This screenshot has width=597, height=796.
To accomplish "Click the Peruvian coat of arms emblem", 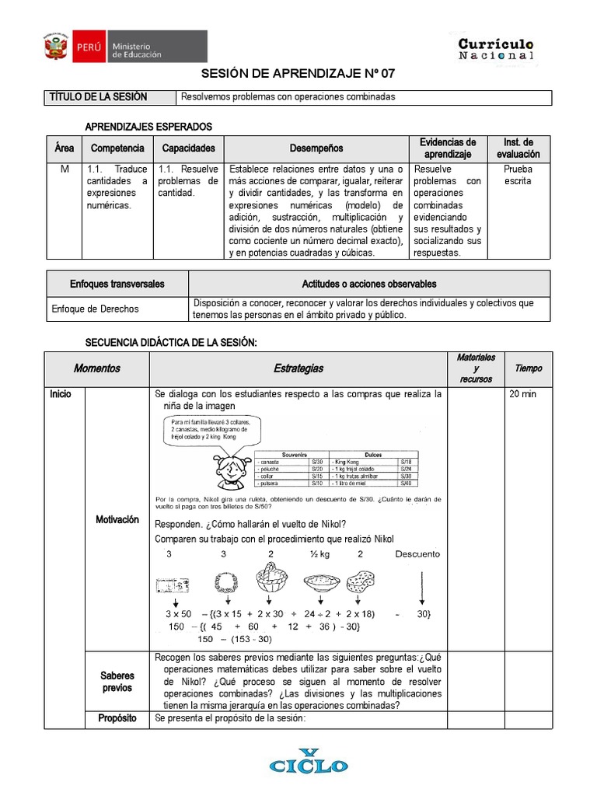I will (x=55, y=49).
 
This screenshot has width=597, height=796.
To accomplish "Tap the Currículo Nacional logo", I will (x=495, y=49).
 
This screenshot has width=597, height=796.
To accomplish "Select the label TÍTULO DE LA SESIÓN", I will (x=98, y=97).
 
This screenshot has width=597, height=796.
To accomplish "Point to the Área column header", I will (x=64, y=148).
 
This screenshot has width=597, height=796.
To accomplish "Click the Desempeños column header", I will (x=316, y=148).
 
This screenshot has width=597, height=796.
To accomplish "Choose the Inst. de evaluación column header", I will (x=518, y=148).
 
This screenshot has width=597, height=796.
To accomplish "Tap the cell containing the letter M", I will (x=64, y=169).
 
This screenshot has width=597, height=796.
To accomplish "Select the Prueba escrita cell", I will (x=518, y=175).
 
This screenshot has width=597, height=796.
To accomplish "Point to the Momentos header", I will (x=96, y=368).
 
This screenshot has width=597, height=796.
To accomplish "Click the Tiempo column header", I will (x=529, y=368).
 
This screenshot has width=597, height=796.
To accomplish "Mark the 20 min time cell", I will (x=522, y=394).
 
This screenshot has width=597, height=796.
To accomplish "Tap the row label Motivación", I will (x=117, y=519).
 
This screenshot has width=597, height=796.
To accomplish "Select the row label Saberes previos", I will (x=117, y=682).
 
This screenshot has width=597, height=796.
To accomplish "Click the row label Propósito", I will (x=117, y=718).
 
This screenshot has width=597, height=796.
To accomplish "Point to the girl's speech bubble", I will (x=208, y=431).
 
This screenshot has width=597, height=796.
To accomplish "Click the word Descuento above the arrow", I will (x=417, y=554).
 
